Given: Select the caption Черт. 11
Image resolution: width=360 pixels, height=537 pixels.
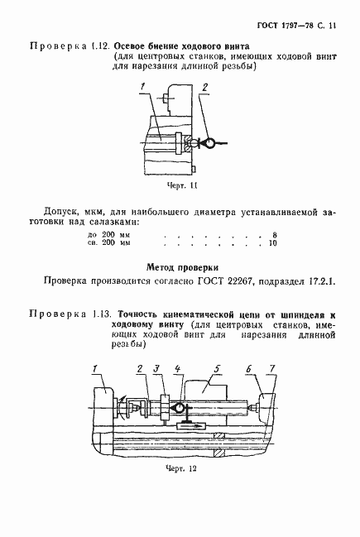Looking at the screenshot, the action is (x=180, y=186).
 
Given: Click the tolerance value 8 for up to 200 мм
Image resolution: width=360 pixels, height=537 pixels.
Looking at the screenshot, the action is (x=273, y=236).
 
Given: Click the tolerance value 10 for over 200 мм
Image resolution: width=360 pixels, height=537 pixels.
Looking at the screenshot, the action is (x=271, y=244).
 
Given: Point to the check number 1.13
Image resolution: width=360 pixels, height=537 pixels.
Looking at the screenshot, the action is (x=98, y=315).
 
